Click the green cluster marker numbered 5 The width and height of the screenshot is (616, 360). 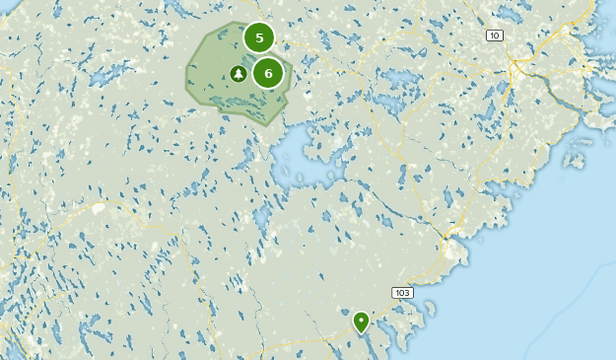pyautogui.click(x=259, y=38)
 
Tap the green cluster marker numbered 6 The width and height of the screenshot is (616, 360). pyautogui.click(x=268, y=73)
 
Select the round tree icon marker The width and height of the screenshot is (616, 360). pyautogui.click(x=238, y=74)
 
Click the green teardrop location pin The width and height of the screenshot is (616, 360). pyautogui.click(x=361, y=321)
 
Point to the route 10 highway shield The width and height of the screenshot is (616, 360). pyautogui.click(x=494, y=36)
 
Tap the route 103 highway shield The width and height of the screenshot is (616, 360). pyautogui.click(x=401, y=293)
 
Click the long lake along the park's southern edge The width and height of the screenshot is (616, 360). pyautogui.click(x=258, y=110)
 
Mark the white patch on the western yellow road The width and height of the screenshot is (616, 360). pyautogui.click(x=98, y=208)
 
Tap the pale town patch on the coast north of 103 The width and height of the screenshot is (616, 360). pyautogui.click(x=453, y=252)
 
